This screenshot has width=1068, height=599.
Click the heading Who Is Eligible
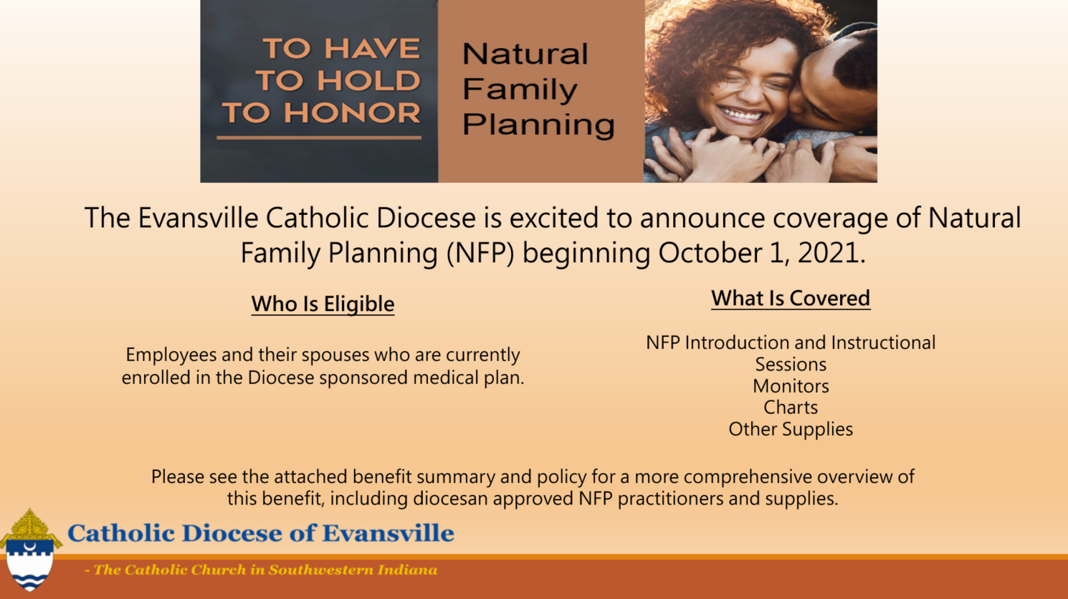coord(323,304)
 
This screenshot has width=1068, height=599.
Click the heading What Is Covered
coord(791,298)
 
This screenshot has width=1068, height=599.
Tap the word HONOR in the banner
coord(352,113)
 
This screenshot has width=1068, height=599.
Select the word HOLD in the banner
coord(368,80)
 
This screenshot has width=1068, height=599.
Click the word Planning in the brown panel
coord(539,125)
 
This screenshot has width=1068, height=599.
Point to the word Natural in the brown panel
coord(525,53)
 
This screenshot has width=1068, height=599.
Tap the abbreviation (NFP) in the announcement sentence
coord(480,252)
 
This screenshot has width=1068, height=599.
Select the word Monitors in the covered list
coord(791,386)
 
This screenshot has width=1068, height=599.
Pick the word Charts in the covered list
coord(791,408)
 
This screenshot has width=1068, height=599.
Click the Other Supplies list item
coord(791,429)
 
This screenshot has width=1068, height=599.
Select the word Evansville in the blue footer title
coord(388,533)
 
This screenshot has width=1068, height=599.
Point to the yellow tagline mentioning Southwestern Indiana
coord(260,570)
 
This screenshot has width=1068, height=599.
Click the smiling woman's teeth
coord(740,115)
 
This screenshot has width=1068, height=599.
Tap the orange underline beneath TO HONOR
coord(319,138)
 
